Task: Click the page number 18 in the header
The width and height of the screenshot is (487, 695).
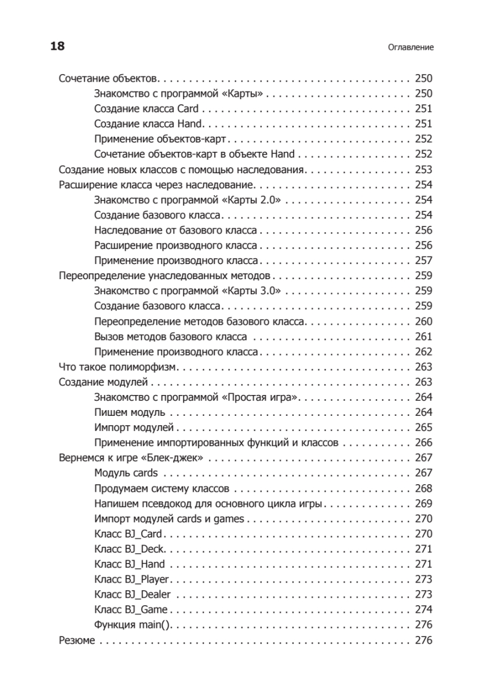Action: pos(57,47)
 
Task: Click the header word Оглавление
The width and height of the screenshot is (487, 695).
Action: pos(411,47)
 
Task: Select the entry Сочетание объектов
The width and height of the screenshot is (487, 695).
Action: pos(108,79)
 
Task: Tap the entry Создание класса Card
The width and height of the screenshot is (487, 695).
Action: pos(146,109)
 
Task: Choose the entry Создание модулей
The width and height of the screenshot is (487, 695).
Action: pos(104,382)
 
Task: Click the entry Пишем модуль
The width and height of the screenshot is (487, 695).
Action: pos(130,412)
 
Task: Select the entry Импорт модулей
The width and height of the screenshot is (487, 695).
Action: pos(134,427)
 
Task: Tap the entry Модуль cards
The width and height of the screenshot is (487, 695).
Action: pos(126,473)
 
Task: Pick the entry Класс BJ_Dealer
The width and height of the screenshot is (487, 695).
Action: pos(132,594)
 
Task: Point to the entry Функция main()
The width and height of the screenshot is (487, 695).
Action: pos(134,625)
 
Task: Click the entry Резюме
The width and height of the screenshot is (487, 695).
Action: pos(77,640)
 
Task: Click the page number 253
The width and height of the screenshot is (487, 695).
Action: pos(424,170)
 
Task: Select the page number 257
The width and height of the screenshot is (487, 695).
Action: pos(424,261)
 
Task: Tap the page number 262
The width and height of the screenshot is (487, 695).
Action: pos(424,352)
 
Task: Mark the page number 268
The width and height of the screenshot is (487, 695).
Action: pos(424,488)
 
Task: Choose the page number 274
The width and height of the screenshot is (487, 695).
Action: pos(424,609)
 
